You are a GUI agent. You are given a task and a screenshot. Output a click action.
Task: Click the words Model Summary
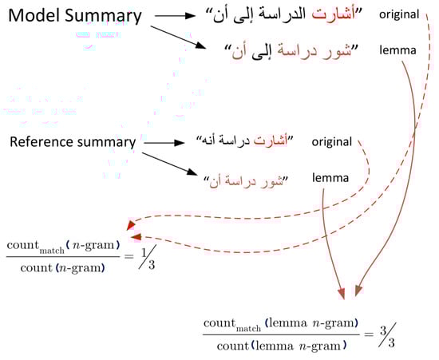(x=75, y=16)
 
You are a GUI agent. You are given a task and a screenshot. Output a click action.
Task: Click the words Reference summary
(x=73, y=142)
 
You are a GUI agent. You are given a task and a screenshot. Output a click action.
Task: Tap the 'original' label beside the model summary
(x=399, y=14)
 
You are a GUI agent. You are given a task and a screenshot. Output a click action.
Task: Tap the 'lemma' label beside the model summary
(x=397, y=50)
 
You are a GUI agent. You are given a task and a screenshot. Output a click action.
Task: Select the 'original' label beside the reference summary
(x=332, y=142)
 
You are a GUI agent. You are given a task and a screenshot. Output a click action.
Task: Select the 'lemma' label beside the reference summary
(x=330, y=178)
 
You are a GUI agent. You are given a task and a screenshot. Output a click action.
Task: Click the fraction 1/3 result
(x=148, y=257)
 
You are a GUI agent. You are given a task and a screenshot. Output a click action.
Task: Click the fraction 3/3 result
(x=388, y=335)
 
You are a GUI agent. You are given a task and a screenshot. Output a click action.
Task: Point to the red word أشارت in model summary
(x=334, y=14)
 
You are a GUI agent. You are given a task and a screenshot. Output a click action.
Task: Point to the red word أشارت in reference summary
(x=271, y=140)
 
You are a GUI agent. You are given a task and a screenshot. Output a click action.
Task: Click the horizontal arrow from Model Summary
(x=175, y=16)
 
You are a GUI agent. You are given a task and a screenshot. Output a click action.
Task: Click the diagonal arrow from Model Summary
(x=178, y=38)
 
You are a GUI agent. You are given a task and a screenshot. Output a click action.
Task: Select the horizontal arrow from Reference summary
(x=164, y=143)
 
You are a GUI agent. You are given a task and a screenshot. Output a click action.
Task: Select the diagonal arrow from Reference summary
(x=170, y=164)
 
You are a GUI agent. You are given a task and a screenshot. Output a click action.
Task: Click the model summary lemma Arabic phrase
(x=291, y=52)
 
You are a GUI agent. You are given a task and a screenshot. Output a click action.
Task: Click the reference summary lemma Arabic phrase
(x=246, y=181)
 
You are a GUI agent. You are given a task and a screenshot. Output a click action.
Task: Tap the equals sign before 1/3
(x=129, y=256)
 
